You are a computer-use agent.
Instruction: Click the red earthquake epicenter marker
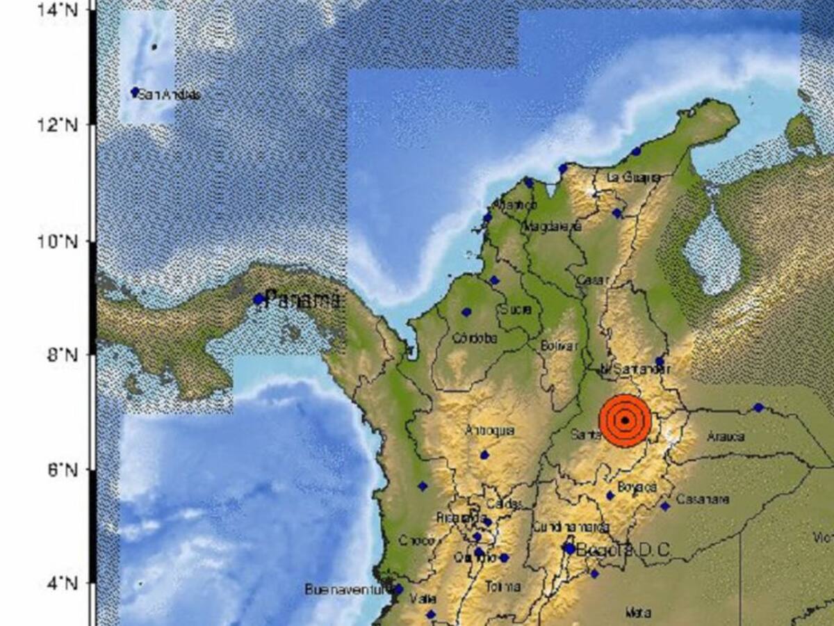click(625, 420)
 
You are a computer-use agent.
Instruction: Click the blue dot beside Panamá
click(259, 300)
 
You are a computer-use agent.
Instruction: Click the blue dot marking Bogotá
click(569, 549)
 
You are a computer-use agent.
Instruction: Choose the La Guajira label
click(633, 177)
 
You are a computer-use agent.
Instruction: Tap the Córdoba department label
click(475, 339)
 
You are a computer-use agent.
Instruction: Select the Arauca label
click(725, 437)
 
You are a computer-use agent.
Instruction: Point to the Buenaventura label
click(345, 589)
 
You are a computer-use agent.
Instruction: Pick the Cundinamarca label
click(571, 527)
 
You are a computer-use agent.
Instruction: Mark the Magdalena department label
click(552, 226)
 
